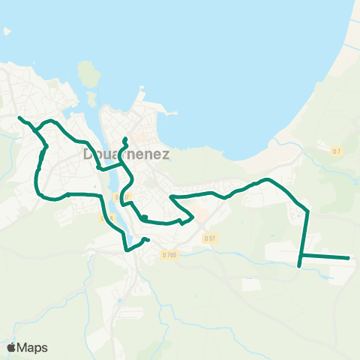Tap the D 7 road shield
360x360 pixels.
(337, 151)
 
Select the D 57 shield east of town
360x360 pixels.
(209, 238)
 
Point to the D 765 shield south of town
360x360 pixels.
(169, 255)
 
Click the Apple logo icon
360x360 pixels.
(11, 347)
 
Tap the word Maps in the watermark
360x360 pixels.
(33, 347)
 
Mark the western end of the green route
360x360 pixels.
(19, 118)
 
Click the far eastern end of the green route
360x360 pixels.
(349, 258)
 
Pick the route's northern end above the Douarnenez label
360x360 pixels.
(125, 139)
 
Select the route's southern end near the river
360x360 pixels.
(148, 240)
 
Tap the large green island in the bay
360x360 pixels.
(88, 74)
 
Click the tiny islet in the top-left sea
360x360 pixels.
(7, 31)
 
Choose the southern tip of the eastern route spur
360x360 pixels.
(300, 265)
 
